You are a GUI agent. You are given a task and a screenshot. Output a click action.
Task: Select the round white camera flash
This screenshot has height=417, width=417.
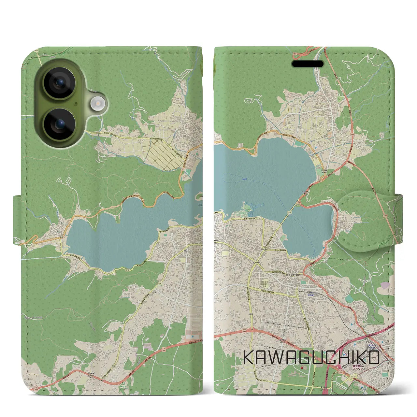98,104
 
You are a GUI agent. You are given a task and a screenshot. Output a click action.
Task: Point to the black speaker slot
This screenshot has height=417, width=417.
308,64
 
